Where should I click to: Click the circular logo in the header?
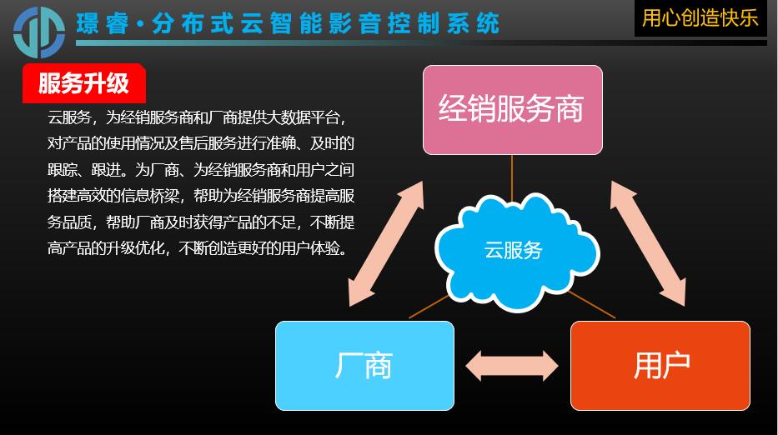tap(39, 32)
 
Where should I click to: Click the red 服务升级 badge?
tap(84, 83)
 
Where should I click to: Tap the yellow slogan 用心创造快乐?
tap(700, 18)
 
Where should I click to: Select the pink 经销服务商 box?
tap(513, 110)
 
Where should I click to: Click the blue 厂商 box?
tap(364, 366)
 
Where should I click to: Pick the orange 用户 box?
tap(660, 366)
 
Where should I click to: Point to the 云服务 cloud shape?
tap(517, 252)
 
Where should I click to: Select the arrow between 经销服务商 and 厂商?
tap(386, 243)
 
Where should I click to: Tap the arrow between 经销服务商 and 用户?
tap(648, 243)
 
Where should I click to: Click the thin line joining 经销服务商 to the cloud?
tap(512, 178)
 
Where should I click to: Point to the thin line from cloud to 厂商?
tap(429, 307)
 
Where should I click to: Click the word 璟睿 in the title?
tap(103, 24)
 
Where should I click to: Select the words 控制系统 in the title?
tap(444, 24)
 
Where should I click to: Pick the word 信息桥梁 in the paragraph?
tap(149, 196)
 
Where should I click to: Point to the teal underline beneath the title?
tap(421, 43)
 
